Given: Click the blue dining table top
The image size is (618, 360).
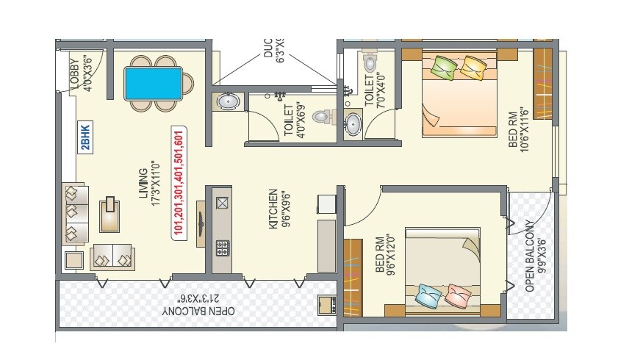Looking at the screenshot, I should tap(154, 83).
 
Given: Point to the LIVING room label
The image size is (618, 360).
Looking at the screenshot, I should tap(150, 188).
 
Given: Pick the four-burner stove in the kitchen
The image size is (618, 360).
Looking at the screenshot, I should tap(222, 248).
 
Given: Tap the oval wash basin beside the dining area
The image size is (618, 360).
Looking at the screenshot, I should tap(227, 101).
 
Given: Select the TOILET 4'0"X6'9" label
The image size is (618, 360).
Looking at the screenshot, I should tap(292, 120).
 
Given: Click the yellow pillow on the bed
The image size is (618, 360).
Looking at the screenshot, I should tap(472, 68).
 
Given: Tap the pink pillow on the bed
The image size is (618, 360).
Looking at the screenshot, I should tap(458, 296).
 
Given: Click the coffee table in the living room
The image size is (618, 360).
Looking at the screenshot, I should tap(110, 213).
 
